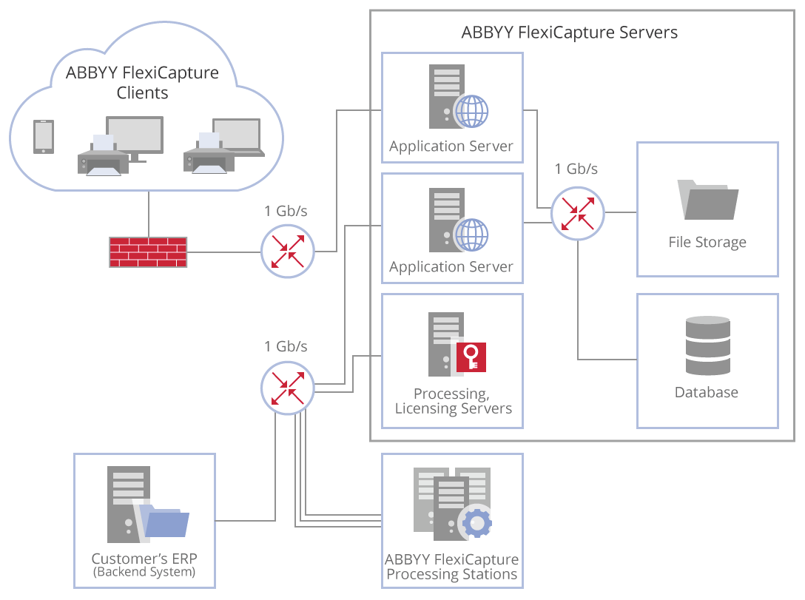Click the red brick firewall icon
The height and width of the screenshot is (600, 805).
pyautogui.click(x=148, y=252)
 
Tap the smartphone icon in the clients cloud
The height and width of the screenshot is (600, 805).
pyautogui.click(x=44, y=137)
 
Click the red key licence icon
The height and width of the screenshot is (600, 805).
pyautogui.click(x=471, y=356)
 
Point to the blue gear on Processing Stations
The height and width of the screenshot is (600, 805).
pyautogui.click(x=476, y=523)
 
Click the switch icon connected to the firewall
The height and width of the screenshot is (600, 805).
pyautogui.click(x=288, y=252)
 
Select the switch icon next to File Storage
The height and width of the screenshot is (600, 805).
pyautogui.click(x=578, y=213)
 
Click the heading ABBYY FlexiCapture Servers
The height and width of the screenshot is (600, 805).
pyautogui.click(x=569, y=33)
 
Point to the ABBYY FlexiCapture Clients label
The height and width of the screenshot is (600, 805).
pyautogui.click(x=143, y=83)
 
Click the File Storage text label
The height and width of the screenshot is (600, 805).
pyautogui.click(x=707, y=242)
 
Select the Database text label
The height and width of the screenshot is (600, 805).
pyautogui.click(x=706, y=392)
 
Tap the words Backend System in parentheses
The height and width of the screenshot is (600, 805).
pyautogui.click(x=144, y=572)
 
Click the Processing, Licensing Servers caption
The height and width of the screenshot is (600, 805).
pyautogui.click(x=453, y=401)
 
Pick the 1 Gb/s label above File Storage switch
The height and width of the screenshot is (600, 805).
pyautogui.click(x=576, y=169)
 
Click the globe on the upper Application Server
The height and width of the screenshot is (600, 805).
pyautogui.click(x=471, y=112)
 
